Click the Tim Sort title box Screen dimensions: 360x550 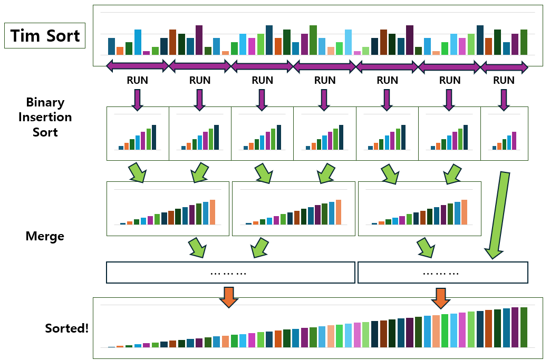(x=45, y=36)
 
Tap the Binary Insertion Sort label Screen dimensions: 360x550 (x=45, y=117)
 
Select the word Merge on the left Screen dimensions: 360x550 (x=45, y=236)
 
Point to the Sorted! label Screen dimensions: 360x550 (x=67, y=328)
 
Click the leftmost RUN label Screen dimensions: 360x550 (x=137, y=80)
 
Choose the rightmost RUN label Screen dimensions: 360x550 (x=504, y=80)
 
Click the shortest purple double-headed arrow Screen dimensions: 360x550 (x=504, y=67)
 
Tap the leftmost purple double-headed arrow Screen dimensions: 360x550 (x=137, y=66)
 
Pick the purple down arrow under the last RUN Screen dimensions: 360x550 (x=504, y=100)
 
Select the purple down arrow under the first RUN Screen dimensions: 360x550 (x=137, y=100)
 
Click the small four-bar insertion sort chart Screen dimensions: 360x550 (x=504, y=134)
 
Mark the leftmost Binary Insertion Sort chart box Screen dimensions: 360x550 (x=138, y=134)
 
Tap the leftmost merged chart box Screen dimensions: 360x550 (x=168, y=209)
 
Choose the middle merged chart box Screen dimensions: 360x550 (x=293, y=209)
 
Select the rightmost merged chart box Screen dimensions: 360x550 (x=419, y=209)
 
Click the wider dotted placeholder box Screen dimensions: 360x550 (x=230, y=273)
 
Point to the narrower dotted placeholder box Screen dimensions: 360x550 (x=442, y=273)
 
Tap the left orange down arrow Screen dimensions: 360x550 (x=228, y=297)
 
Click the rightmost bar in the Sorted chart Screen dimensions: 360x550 (x=524, y=327)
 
